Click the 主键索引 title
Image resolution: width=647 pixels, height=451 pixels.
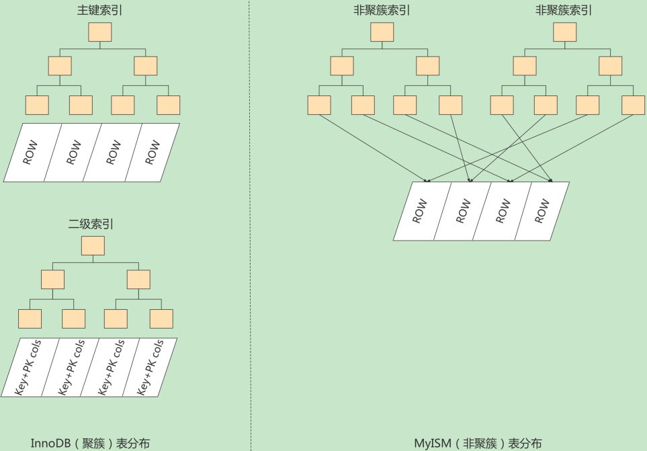[99, 11]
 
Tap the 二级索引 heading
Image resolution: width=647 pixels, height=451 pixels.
[91, 224]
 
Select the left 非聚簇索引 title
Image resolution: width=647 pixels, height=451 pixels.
[382, 11]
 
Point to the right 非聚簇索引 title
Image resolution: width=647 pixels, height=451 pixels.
[564, 11]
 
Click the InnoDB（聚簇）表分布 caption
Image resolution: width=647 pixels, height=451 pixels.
[90, 443]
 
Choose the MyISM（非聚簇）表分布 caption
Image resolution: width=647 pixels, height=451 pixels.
[478, 443]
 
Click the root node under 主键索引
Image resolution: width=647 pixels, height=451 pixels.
[100, 32]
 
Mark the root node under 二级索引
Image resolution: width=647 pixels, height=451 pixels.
[93, 246]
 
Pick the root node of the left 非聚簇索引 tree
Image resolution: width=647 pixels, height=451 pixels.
[382, 32]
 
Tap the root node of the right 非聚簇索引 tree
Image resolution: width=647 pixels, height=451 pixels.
[564, 32]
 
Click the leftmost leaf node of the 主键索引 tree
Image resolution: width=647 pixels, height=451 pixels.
[37, 105]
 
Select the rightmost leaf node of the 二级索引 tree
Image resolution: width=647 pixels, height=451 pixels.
[161, 319]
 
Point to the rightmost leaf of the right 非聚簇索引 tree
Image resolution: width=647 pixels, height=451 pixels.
[633, 105]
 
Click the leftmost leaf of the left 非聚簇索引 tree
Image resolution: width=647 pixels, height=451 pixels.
[319, 105]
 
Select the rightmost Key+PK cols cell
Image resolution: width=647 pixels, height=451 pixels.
[150, 367]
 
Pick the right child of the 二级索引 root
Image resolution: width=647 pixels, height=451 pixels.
[139, 280]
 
